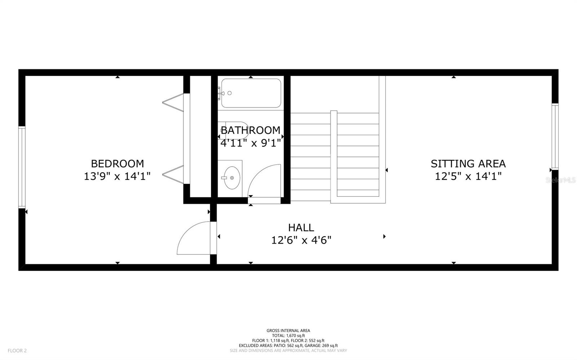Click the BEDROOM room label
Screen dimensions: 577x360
pos(118,164)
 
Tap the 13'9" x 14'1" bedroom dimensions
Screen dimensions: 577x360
pos(117,176)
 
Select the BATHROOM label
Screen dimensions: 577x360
pos(251,130)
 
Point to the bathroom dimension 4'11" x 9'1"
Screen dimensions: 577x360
pos(250,143)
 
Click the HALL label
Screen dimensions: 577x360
pos(301,227)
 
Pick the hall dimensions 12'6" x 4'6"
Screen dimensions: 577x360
pos(301,240)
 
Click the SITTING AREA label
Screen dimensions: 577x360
pos(468,164)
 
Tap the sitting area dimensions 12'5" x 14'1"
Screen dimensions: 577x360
pos(468,176)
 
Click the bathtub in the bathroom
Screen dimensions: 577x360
pos(251,93)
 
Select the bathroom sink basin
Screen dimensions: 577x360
pos(232,178)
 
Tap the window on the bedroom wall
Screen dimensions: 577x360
pos(22,167)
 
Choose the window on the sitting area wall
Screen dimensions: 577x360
pos(555,137)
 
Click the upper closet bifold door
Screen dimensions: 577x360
pos(173,102)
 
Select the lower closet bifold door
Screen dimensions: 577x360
pos(173,174)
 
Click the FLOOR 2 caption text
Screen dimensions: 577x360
pos(17,351)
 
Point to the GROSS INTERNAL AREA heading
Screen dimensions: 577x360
pos(288,331)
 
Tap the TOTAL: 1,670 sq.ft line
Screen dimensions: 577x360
pos(288,335)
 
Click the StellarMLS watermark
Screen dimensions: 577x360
pos(560,180)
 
